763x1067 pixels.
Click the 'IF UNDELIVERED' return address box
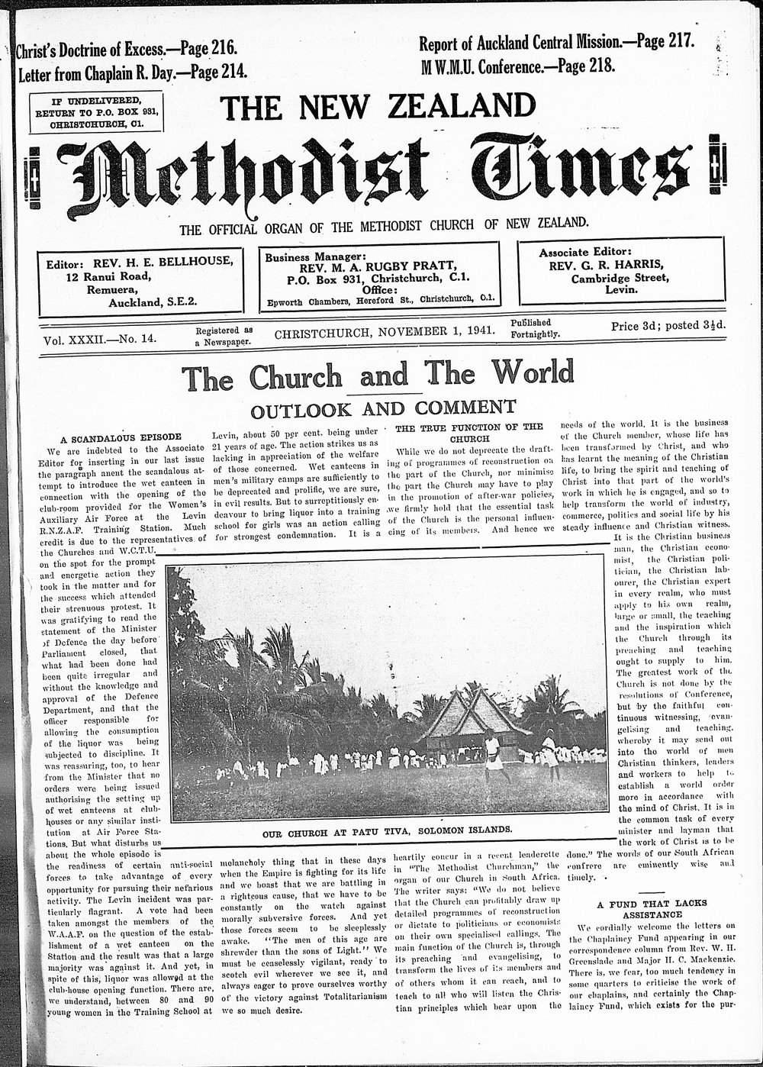(95, 111)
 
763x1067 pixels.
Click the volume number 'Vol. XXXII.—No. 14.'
(100, 340)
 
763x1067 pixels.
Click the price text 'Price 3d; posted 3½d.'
(668, 326)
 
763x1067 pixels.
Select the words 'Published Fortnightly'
(535, 328)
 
